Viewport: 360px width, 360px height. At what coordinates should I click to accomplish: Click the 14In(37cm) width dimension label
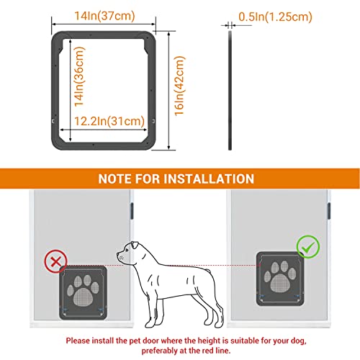coord(104,16)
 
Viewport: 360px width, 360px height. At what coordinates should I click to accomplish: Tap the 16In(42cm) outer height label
coord(179,86)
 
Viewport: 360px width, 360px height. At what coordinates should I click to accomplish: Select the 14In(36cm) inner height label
coord(79,76)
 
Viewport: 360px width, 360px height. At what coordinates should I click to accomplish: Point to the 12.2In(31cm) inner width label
coord(109,121)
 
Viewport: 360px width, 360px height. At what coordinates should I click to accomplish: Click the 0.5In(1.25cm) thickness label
coord(275,17)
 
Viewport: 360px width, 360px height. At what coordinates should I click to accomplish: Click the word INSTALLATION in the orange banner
coord(209,179)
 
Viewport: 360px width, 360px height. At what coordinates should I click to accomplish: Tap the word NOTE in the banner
coord(115,179)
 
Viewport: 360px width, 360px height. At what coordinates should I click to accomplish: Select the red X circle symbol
coord(56,261)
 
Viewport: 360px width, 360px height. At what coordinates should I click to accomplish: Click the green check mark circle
coord(308,247)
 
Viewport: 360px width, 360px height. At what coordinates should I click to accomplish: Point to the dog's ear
coord(135,246)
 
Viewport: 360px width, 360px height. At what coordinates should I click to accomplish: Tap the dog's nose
coord(118,253)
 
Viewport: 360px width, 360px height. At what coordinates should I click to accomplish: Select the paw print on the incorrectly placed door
coord(83,291)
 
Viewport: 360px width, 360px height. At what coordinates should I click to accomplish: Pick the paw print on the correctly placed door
coord(280,276)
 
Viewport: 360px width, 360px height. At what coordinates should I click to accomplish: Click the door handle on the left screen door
coord(132,211)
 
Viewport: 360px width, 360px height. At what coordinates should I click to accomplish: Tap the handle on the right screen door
coord(329,211)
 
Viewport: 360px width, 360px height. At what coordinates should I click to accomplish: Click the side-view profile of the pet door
coord(230,91)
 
